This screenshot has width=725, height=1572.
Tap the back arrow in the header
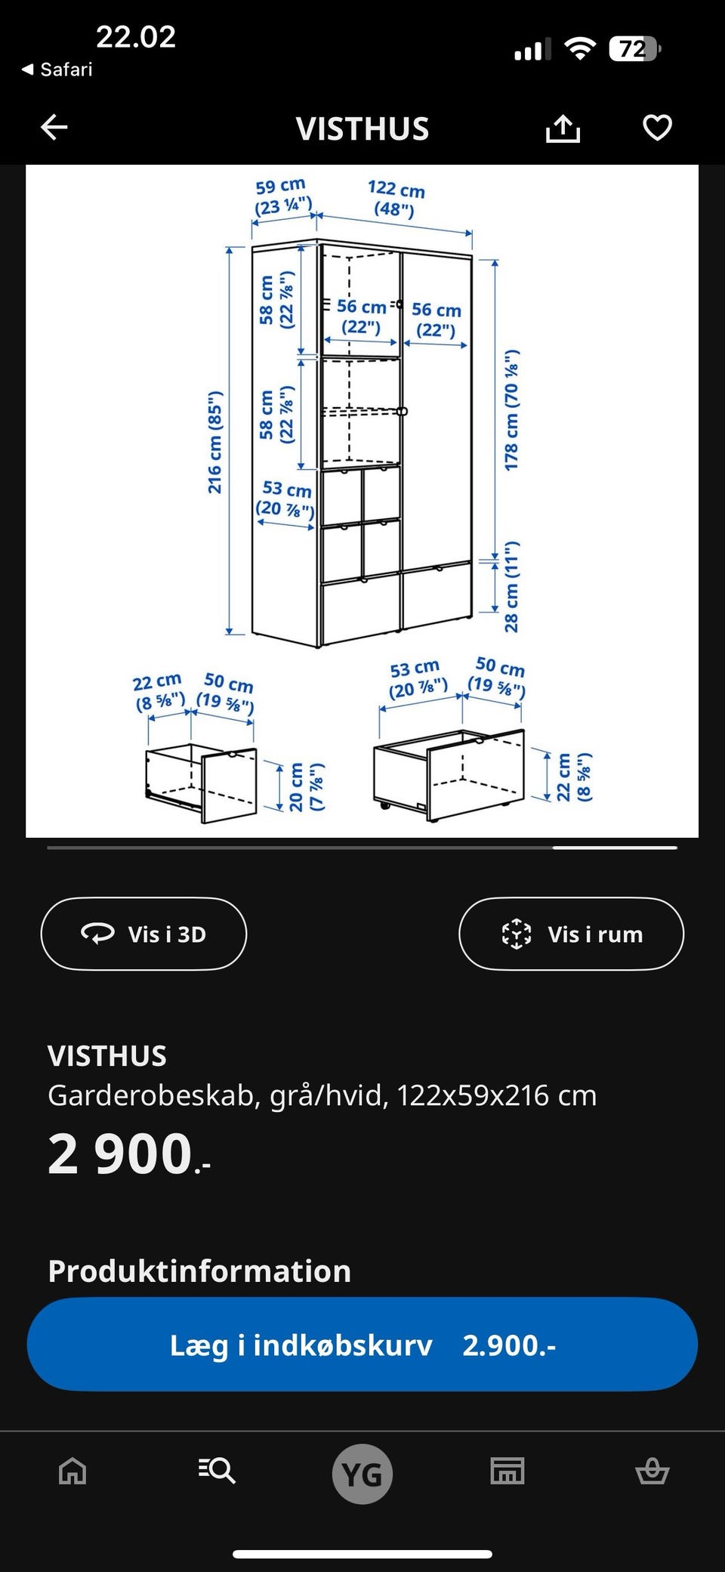pyautogui.click(x=54, y=128)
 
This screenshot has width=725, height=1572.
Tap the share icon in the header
pyautogui.click(x=563, y=128)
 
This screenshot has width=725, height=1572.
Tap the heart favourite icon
pyautogui.click(x=657, y=128)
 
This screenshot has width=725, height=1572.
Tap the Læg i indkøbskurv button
pyautogui.click(x=362, y=1345)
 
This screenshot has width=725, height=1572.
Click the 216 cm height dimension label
pyautogui.click(x=216, y=443)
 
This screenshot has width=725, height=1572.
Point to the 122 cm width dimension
pyautogui.click(x=396, y=198)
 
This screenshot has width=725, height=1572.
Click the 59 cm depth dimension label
pyautogui.click(x=282, y=196)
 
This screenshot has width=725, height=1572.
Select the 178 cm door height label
pyautogui.click(x=512, y=410)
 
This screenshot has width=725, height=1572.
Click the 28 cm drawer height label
pyautogui.click(x=512, y=587)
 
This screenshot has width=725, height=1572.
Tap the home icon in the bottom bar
pyautogui.click(x=72, y=1472)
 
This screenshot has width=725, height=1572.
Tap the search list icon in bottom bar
pyautogui.click(x=217, y=1472)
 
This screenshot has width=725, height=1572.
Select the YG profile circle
pyautogui.click(x=362, y=1474)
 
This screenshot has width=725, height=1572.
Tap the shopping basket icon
pyautogui.click(x=652, y=1472)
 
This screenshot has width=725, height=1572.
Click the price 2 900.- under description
pyautogui.click(x=129, y=1154)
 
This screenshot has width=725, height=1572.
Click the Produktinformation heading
pyautogui.click(x=199, y=1271)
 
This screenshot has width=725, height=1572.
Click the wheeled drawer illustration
pyautogui.click(x=449, y=774)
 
